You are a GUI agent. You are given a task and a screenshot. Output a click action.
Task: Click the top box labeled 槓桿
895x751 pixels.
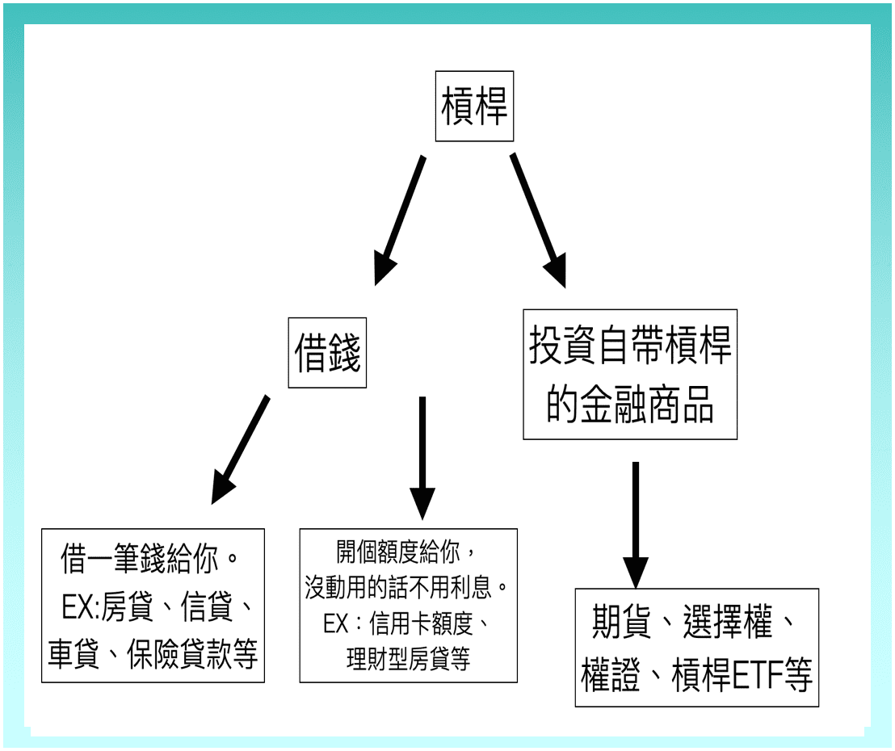[x=474, y=107]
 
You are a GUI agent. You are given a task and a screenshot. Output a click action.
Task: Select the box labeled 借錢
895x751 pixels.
[x=327, y=354]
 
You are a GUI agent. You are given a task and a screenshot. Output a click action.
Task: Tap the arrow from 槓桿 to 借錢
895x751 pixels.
[x=400, y=218]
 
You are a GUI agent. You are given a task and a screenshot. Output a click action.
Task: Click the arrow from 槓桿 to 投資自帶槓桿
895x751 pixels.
[x=537, y=218]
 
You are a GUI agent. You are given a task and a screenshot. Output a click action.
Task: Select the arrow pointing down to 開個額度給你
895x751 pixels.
[x=422, y=457]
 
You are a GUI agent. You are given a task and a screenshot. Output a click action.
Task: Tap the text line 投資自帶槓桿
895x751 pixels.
[x=630, y=346]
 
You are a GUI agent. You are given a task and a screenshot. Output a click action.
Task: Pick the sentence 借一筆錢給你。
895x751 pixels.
[x=152, y=559]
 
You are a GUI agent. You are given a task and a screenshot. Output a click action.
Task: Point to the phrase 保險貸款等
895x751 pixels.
[x=192, y=655]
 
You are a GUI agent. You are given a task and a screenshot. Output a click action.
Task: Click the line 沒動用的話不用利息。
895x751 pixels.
[x=408, y=587]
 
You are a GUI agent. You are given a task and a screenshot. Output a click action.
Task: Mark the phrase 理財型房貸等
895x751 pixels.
[x=408, y=659]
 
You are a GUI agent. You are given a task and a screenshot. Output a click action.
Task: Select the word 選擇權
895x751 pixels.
[x=727, y=624]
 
